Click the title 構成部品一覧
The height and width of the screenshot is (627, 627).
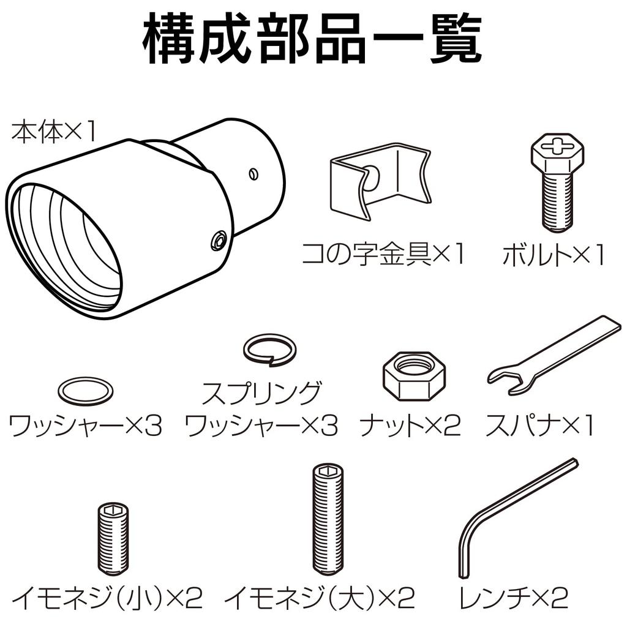[x=313, y=40]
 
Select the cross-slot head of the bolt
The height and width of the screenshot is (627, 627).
[x=557, y=148]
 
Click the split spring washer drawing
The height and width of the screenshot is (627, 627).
[x=269, y=349]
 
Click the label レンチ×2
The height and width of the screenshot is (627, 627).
[x=513, y=597]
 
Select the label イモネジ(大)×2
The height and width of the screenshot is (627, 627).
[x=320, y=597]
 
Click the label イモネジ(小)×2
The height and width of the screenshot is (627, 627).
[x=107, y=597]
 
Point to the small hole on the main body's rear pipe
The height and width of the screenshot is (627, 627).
[x=253, y=174]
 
